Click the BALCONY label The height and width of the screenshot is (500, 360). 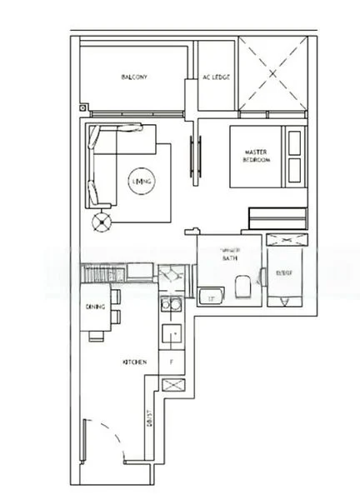pos(134,77)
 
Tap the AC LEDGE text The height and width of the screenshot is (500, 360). pos(216,77)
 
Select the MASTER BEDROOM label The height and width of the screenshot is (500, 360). pos(257,156)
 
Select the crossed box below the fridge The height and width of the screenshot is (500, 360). pos(173,385)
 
